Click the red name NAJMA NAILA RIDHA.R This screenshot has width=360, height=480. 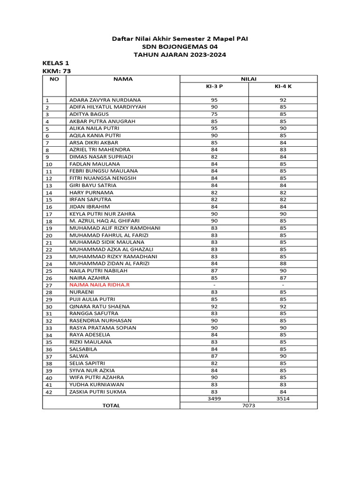click(100, 285)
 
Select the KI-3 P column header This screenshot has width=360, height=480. click(214, 87)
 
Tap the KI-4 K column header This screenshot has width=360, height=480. click(283, 87)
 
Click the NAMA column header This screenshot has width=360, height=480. click(123, 79)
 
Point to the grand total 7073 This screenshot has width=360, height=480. click(248, 405)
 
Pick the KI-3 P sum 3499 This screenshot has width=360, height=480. click(214, 398)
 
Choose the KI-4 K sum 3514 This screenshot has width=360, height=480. click(283, 398)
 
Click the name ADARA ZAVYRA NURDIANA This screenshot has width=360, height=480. click(105, 100)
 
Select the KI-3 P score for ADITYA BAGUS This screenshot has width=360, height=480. click(214, 114)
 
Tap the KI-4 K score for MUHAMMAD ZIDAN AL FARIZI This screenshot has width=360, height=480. click(283, 263)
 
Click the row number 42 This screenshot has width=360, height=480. click(49, 392)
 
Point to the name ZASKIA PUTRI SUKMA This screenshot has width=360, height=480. click(97, 392)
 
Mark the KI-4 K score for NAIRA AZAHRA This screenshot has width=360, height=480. click(283, 278)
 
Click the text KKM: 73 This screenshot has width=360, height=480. click(57, 71)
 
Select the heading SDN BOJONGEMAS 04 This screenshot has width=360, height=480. click(180, 47)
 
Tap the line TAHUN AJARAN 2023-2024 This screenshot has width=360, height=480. click(180, 55)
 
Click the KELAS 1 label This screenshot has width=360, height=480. click(56, 63)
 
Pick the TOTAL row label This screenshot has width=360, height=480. click(111, 405)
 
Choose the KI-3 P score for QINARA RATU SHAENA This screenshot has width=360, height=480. click(214, 307)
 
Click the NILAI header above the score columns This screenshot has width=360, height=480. click(248, 79)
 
